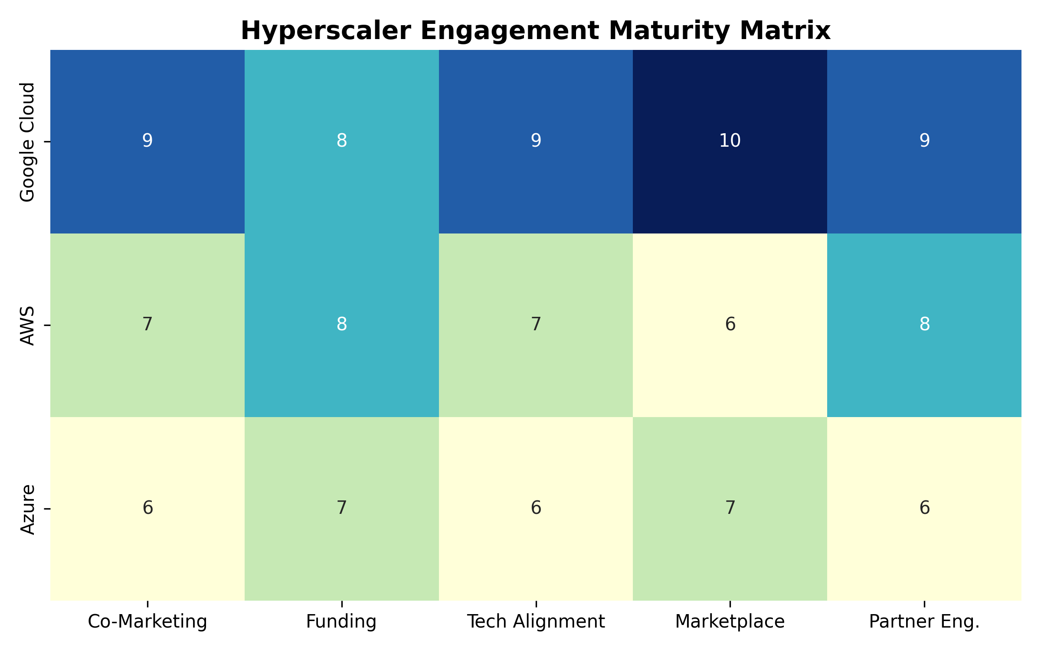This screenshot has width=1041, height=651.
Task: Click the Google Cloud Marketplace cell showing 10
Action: (x=730, y=141)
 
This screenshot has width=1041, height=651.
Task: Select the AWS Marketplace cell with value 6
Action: (x=730, y=325)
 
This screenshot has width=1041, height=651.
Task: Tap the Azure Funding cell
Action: (x=342, y=509)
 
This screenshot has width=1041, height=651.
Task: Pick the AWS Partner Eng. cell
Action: (x=924, y=325)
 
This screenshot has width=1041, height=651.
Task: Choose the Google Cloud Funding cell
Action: (x=342, y=141)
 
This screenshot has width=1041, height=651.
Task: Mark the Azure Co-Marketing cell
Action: (x=147, y=509)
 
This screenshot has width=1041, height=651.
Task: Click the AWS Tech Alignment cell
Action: (x=536, y=325)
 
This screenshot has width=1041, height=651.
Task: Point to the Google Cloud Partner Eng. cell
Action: (x=924, y=141)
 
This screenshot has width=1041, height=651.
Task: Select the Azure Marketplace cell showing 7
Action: (x=730, y=509)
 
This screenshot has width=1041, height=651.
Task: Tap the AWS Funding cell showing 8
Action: (x=342, y=325)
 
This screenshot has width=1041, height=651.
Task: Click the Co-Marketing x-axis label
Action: (x=147, y=622)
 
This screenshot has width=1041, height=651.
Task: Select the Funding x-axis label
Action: (x=341, y=622)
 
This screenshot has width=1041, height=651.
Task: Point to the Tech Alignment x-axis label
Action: (x=536, y=622)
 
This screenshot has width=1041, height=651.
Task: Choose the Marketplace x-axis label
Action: (x=730, y=622)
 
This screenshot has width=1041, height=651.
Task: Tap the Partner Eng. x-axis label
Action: (x=924, y=622)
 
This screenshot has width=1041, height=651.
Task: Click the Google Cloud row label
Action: (x=27, y=142)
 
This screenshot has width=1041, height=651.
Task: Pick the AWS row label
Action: (x=27, y=325)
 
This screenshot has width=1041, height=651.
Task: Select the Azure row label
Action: (x=27, y=509)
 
